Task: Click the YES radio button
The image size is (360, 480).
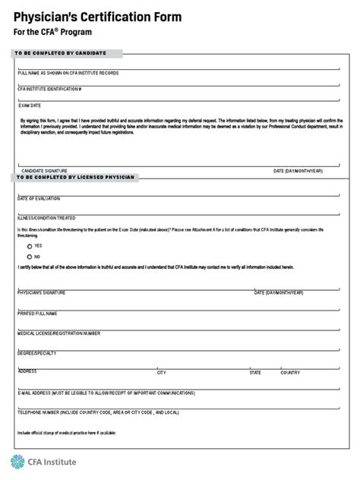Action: tap(30, 246)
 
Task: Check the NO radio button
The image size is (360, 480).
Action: tap(30, 257)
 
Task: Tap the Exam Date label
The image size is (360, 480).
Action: tap(30, 105)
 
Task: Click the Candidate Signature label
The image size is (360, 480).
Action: tap(45, 171)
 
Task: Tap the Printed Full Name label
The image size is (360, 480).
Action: tap(37, 312)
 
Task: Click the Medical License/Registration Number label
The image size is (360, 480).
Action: tap(58, 332)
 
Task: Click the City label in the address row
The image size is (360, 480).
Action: tap(161, 373)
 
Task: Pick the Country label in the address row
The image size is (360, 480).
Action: tap(290, 373)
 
